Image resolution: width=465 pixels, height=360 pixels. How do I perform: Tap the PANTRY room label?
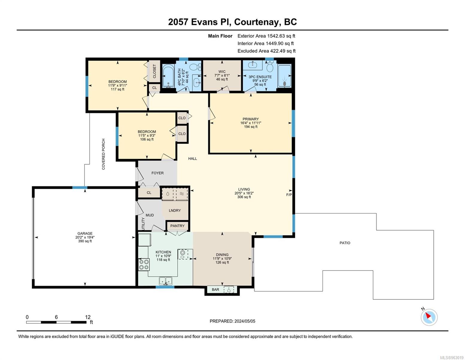[177, 226]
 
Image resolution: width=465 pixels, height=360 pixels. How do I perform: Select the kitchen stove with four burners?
[144, 264]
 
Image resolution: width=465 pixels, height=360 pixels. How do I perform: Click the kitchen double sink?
[165, 281]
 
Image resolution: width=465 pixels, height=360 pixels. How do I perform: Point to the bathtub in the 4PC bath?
[168, 76]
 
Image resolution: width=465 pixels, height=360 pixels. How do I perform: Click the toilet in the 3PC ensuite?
[269, 66]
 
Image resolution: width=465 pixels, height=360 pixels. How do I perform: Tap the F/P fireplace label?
[289, 195]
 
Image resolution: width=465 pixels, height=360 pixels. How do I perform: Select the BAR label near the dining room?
[215, 289]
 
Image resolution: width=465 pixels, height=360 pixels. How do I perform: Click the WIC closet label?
[222, 71]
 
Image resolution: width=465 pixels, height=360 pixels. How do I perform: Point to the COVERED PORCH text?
[103, 154]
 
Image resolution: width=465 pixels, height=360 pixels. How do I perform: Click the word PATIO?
[345, 243]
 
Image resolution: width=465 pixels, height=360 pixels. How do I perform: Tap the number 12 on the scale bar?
[88, 317]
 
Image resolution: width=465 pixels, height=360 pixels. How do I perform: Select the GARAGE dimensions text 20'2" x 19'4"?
[85, 237]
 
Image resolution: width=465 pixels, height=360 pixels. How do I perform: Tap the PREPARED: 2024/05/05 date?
[232, 321]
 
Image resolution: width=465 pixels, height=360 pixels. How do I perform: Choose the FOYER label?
[157, 173]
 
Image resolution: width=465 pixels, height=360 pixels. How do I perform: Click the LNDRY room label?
[175, 210]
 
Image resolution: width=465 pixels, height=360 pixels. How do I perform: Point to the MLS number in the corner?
[452, 357]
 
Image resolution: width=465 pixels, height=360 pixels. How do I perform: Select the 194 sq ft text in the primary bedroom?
[251, 127]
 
